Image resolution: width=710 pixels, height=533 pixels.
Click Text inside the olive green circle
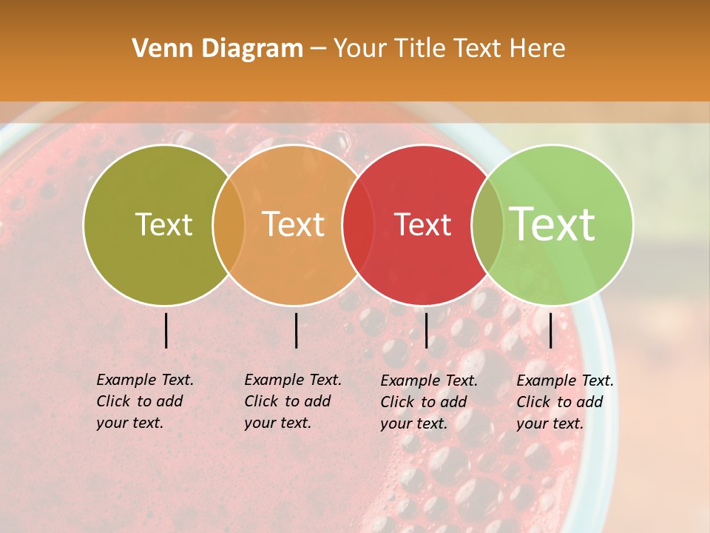163,224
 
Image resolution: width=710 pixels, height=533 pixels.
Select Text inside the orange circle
294,224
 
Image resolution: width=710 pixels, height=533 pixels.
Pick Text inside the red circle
422,224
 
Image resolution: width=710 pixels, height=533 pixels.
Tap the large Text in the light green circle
552,224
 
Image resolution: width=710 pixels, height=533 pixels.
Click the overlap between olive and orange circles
229,225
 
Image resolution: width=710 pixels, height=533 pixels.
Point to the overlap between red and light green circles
487,225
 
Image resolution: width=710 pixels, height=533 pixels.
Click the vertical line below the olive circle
166,330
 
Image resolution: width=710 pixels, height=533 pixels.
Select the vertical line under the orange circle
296,330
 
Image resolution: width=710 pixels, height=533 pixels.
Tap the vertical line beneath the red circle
426,330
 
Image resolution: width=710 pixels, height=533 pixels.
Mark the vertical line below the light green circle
551,330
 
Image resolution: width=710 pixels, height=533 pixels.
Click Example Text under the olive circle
145,380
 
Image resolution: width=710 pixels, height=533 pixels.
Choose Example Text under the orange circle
293,380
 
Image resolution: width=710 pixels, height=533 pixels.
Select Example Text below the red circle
429,381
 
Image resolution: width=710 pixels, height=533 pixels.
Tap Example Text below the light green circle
565,381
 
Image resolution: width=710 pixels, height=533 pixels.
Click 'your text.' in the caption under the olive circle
129,423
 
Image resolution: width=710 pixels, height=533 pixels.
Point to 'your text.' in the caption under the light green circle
550,424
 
